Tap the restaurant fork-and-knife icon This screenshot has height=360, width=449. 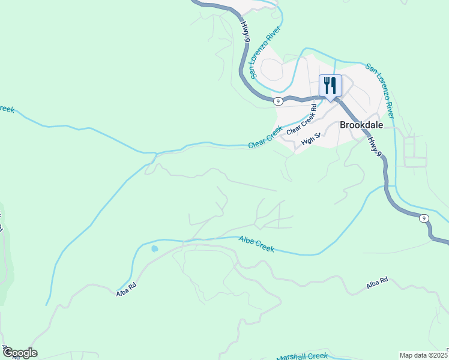pyautogui.click(x=330, y=85)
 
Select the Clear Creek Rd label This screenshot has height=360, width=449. pyautogui.click(x=302, y=121)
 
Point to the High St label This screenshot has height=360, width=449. pyautogui.click(x=312, y=139)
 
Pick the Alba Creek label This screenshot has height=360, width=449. pyautogui.click(x=256, y=244)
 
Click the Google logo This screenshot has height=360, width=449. pyautogui.click(x=19, y=353)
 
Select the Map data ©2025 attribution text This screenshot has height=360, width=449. pyautogui.click(x=423, y=355)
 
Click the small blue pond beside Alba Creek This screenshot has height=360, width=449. pyautogui.click(x=154, y=248)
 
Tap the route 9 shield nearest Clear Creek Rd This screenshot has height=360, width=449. pyautogui.click(x=278, y=101)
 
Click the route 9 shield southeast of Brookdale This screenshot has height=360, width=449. pyautogui.click(x=424, y=218)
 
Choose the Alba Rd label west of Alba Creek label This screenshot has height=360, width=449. pyautogui.click(x=127, y=290)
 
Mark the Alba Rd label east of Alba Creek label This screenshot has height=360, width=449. pyautogui.click(x=378, y=283)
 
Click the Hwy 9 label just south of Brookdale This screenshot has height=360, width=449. pyautogui.click(x=375, y=146)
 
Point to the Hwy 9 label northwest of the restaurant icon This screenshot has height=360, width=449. pyautogui.click(x=245, y=32)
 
